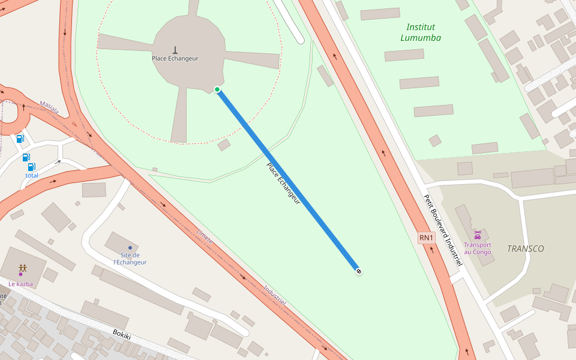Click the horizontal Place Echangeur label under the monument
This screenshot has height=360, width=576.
pos(175,58)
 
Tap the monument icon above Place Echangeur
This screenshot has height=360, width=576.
pos(175,49)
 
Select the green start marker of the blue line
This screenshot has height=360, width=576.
pos(217,89)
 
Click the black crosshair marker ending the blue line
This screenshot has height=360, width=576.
pos(359,271)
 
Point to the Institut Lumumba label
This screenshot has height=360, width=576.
pos(421,32)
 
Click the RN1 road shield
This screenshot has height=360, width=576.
pos(426,238)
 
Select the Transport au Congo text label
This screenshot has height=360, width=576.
pos(478,248)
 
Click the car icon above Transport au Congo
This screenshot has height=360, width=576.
pos(478,235)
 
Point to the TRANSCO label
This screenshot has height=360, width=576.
pos(525,248)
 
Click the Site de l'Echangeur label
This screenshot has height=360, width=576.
pos(130,259)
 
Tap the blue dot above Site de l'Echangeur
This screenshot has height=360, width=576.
pos(130,247)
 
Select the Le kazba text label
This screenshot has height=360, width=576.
pos(20,284)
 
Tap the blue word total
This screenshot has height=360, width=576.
pos(32,175)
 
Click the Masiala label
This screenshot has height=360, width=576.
pos(49,107)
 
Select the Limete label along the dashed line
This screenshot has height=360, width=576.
pos(205,236)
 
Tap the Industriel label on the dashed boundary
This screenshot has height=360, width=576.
pos(275,295)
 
